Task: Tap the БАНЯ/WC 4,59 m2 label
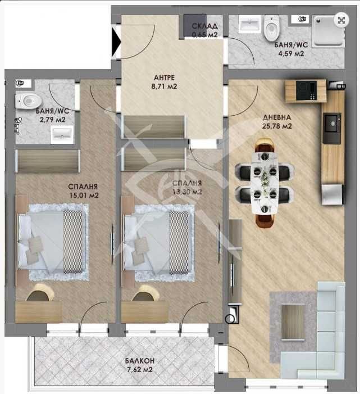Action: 289,49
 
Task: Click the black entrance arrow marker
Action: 116,40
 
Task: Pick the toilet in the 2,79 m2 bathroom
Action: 29,101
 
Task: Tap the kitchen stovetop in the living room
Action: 306,89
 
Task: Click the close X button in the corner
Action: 340,20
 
